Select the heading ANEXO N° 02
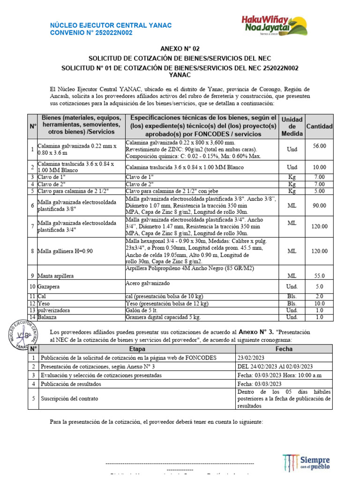(180, 49)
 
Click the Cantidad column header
(319, 127)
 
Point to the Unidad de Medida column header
(292, 127)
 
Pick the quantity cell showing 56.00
(319, 146)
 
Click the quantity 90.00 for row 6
(319, 205)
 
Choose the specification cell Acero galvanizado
(147, 284)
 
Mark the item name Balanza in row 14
(47, 317)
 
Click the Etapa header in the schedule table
(136, 349)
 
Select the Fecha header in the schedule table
(284, 349)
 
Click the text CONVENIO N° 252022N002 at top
(91, 32)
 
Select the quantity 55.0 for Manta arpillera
(319, 276)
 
